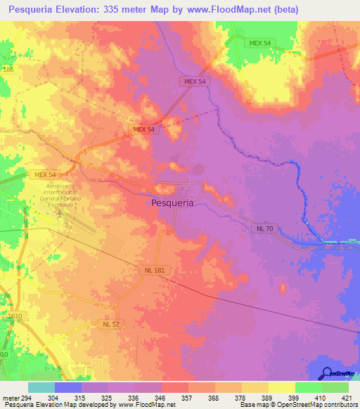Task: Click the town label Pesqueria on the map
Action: pos(173,202)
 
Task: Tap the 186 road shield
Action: pos(7,70)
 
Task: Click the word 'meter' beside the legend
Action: pos(8,397)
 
